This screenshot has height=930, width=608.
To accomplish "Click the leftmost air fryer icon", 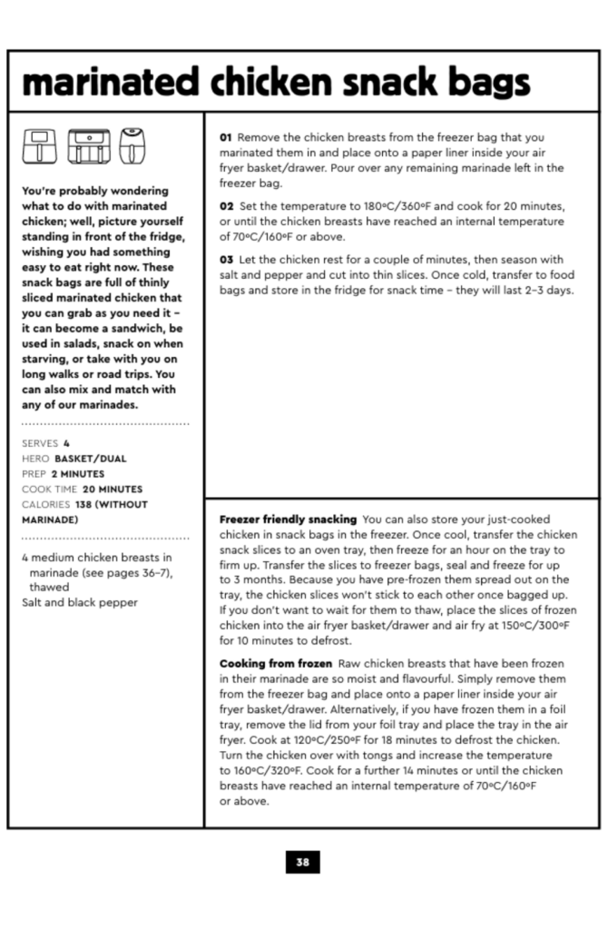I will pos(38,145).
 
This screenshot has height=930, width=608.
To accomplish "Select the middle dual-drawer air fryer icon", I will pos(88,145).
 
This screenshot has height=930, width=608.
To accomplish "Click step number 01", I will pos(226,137).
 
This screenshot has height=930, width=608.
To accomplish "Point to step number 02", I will pos(226,206).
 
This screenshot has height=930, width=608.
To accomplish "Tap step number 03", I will pos(226,260).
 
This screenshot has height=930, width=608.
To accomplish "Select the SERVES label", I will pos(39,443).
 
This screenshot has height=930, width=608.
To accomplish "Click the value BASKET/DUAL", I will pos(90,459).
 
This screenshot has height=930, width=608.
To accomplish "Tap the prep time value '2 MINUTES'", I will pos(77,474).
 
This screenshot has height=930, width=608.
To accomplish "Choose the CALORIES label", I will pos(45,505).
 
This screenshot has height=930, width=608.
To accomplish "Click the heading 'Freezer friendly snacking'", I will pos(288,519).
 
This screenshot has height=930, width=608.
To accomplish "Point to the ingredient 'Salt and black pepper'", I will pos(80,603).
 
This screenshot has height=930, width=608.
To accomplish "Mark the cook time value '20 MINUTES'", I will pos(108,490).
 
